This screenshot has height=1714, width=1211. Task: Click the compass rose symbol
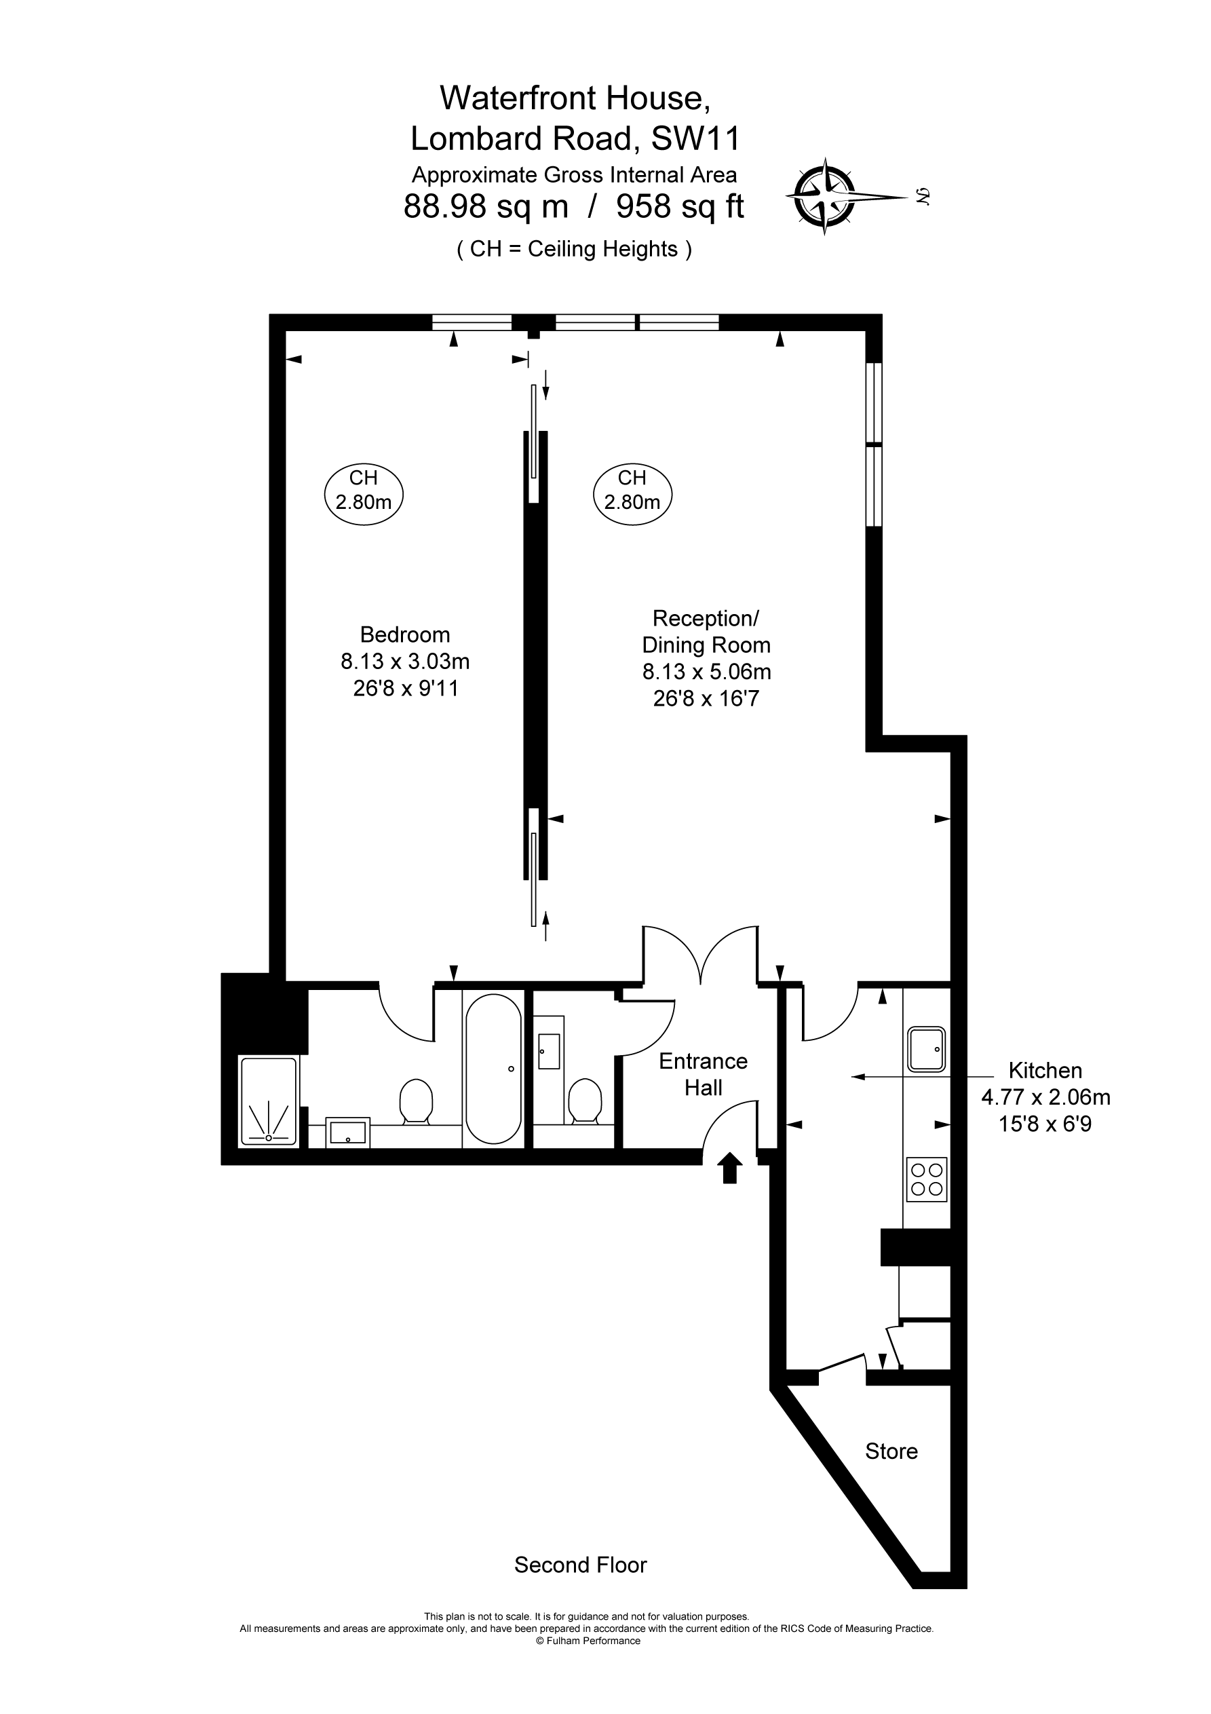click(x=824, y=197)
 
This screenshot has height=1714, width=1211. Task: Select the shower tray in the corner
click(x=268, y=1101)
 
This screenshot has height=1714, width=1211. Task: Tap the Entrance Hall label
click(x=704, y=1074)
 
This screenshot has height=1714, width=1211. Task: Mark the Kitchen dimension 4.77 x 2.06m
click(x=1045, y=1097)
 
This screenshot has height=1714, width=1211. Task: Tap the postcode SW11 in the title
click(x=696, y=138)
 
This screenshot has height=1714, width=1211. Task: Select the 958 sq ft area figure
click(x=680, y=206)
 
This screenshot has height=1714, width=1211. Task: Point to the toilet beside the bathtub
click(x=417, y=1101)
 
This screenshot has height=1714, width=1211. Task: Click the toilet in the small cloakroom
click(x=585, y=1101)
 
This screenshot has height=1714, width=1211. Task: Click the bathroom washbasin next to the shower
click(x=347, y=1132)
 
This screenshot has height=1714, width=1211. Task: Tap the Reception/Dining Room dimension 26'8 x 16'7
click(x=706, y=699)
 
